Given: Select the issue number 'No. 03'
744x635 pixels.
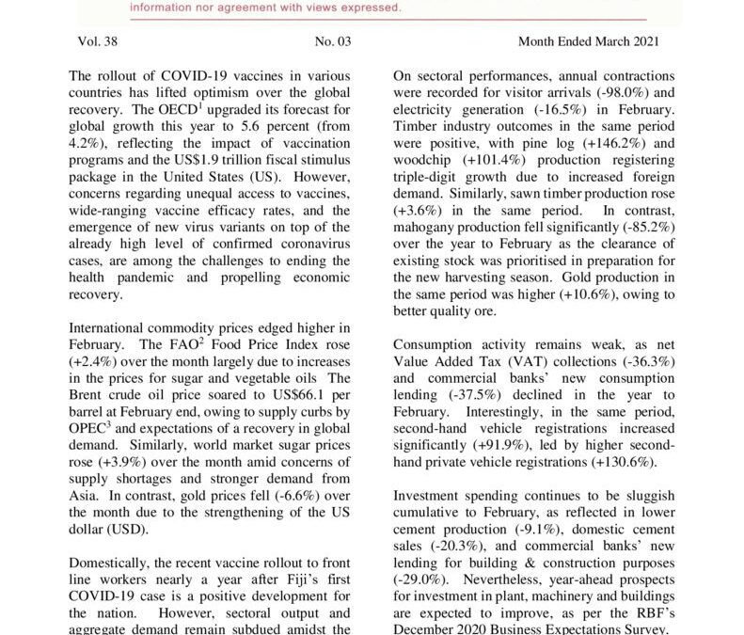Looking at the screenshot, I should pyautogui.click(x=333, y=41).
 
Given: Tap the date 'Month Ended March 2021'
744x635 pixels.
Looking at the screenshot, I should pyautogui.click(x=588, y=41).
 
